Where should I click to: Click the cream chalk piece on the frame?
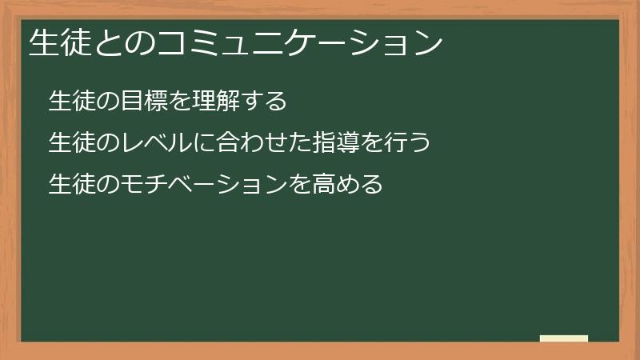(564, 338)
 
